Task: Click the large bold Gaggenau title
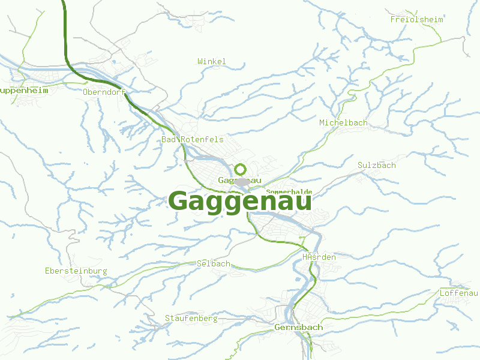click(241, 201)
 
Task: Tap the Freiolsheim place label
click(416, 19)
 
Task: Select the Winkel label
click(212, 61)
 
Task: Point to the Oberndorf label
click(104, 92)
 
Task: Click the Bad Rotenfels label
click(193, 139)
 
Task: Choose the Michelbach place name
click(343, 122)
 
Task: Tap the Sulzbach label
click(377, 165)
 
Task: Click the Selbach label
click(213, 263)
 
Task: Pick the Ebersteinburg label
click(76, 271)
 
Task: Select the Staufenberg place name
click(191, 318)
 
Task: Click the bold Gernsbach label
click(298, 328)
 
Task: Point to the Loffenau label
click(458, 293)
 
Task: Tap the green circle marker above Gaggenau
click(241, 169)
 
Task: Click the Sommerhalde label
click(293, 191)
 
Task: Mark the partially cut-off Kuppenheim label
click(24, 91)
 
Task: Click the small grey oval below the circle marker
click(242, 182)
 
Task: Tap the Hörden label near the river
click(319, 257)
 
